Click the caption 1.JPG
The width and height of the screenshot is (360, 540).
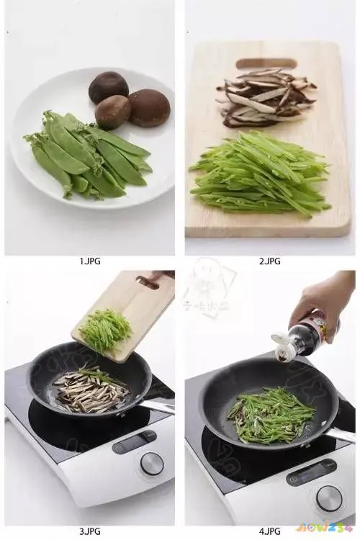89,261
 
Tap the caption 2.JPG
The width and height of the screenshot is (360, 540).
269,261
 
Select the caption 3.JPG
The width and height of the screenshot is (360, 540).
89,531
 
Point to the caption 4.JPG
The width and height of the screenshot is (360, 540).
269,531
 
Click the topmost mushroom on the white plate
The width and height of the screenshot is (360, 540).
109,87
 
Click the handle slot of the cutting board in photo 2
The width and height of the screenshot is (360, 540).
266,63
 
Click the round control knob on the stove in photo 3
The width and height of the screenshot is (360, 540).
151,463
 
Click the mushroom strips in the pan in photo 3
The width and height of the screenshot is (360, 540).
90,389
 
